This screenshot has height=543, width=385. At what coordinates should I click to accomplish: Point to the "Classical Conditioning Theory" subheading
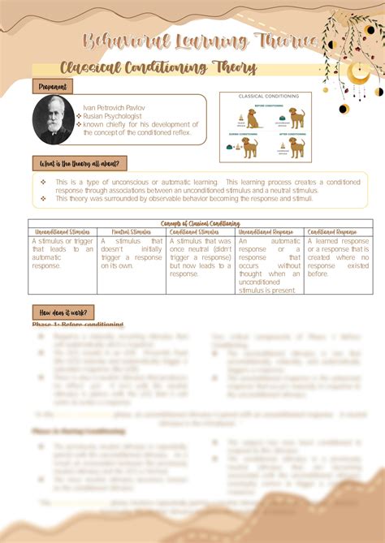[x=158, y=68]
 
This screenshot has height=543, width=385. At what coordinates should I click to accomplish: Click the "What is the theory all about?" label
[x=80, y=163]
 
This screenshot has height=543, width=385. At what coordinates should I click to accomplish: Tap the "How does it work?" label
[x=63, y=312]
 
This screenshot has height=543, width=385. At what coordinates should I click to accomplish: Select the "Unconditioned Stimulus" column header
[x=63, y=231]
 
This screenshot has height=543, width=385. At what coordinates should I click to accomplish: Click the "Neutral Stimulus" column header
[x=132, y=231]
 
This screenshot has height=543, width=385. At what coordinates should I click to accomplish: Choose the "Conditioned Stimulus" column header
[x=201, y=231]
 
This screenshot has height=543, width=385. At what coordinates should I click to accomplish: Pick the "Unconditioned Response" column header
[x=270, y=231]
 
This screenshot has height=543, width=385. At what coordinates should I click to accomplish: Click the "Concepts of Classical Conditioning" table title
[x=200, y=223]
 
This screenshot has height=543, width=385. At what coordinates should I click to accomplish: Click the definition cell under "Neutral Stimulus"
[x=132, y=253]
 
